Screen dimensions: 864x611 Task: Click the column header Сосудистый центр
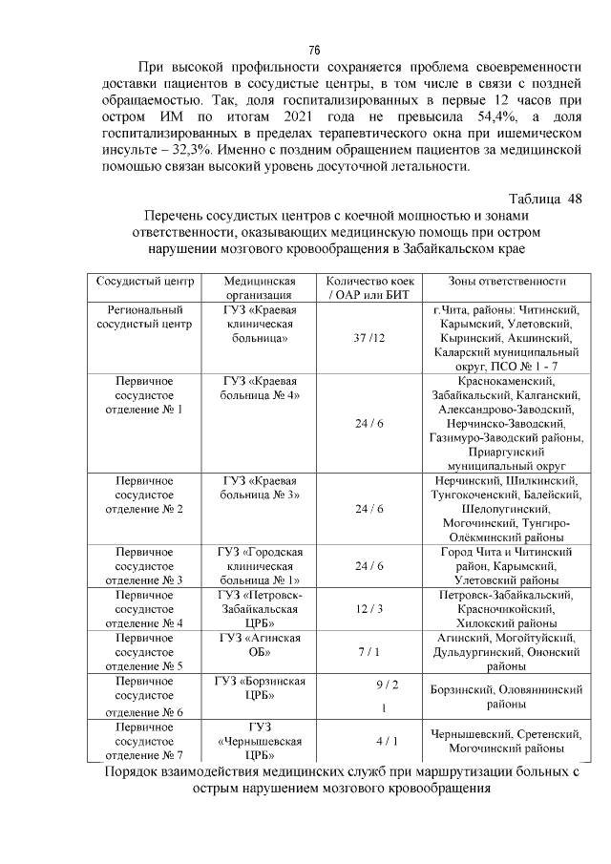pyautogui.click(x=144, y=282)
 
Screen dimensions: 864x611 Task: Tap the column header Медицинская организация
pyautogui.click(x=261, y=288)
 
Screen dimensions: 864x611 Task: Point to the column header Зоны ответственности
pyautogui.click(x=507, y=282)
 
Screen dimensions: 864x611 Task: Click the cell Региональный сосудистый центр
pyautogui.click(x=144, y=317)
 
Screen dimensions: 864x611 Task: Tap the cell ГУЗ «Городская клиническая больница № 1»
pyautogui.click(x=261, y=566)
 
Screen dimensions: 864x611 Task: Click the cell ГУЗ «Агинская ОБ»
pyautogui.click(x=261, y=644)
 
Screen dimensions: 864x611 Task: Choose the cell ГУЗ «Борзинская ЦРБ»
pyautogui.click(x=261, y=687)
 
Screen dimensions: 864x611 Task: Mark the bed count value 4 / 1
pyautogui.click(x=386, y=740)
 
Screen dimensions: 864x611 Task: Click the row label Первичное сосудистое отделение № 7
pyautogui.click(x=144, y=741)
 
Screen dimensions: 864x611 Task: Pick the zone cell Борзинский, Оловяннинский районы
pyautogui.click(x=507, y=696)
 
